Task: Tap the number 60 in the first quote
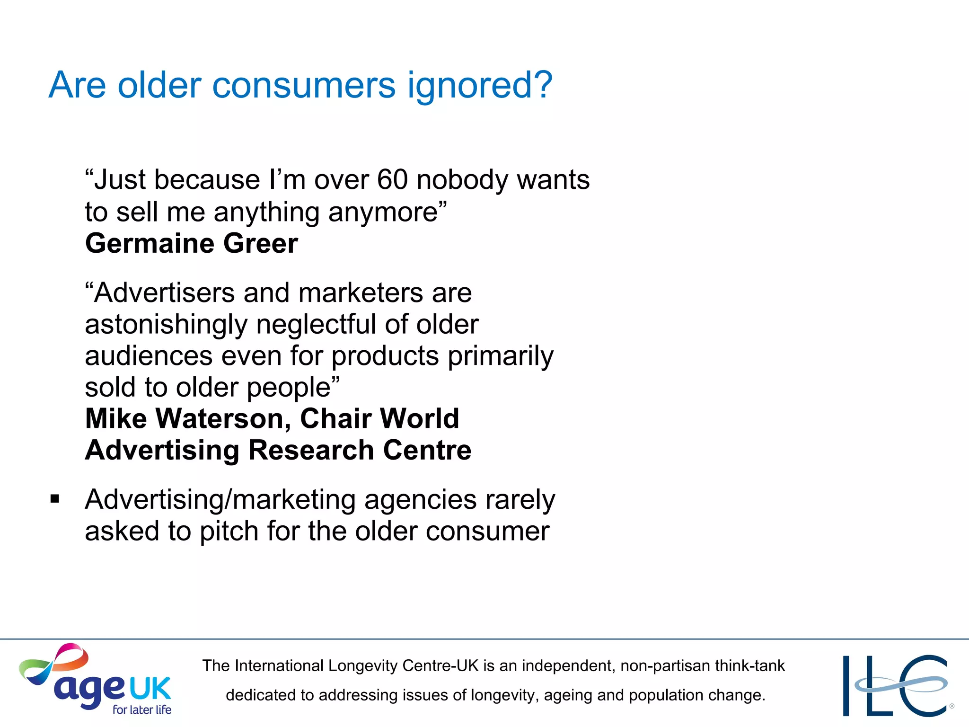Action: (x=392, y=180)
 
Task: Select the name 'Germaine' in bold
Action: (x=149, y=244)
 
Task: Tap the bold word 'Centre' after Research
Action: (x=427, y=450)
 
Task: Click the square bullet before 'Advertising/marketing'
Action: (x=55, y=499)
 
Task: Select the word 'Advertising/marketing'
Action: (x=220, y=500)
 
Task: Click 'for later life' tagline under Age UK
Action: (x=141, y=709)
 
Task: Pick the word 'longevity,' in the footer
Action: (x=505, y=695)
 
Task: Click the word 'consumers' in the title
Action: (x=304, y=86)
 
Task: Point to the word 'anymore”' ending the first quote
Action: (x=388, y=212)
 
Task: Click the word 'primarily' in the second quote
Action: (x=501, y=356)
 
